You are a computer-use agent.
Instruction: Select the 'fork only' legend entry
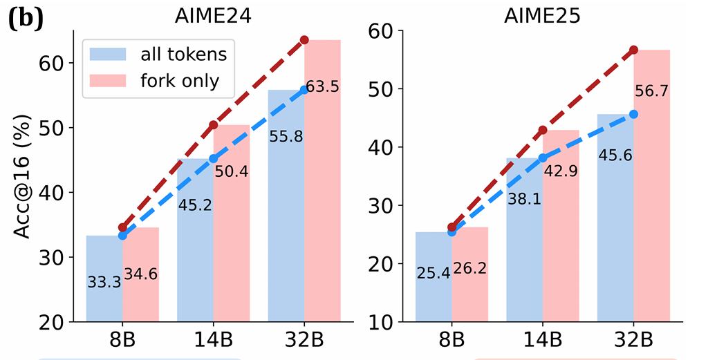pos(167,81)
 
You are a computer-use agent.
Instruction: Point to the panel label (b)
pos(26,19)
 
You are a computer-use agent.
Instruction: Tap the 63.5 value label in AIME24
pos(323,87)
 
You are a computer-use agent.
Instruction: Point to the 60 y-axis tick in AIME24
pos(53,63)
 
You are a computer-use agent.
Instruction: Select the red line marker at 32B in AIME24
pos(304,40)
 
